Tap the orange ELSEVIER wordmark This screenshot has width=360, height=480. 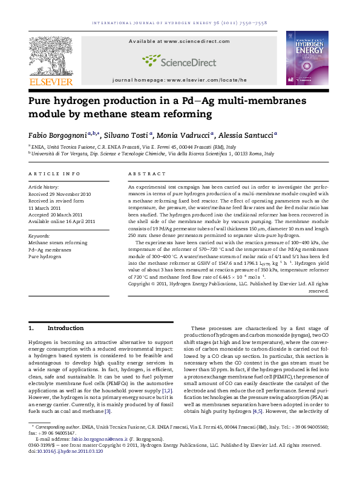51,81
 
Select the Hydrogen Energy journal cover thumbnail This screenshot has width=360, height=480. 307,59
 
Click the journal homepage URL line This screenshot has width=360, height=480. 180,80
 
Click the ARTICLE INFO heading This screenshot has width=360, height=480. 54,174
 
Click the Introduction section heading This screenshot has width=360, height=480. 65,328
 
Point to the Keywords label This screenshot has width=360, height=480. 39,235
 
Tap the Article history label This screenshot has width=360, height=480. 44,188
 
